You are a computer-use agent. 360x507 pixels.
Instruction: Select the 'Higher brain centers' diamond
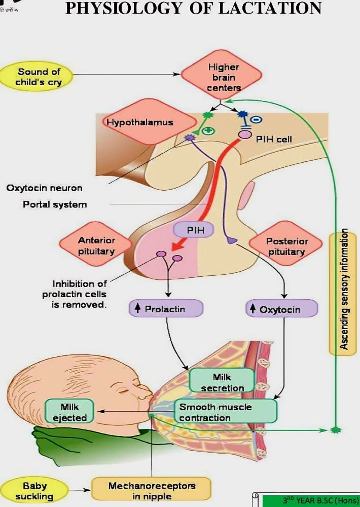pos(223,78)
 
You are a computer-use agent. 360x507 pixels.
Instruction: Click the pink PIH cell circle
pos(245,135)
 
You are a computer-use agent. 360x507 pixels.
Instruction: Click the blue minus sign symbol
pos(257,120)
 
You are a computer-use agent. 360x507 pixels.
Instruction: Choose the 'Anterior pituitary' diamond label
pos(96,245)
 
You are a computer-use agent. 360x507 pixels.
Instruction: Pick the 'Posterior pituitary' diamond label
pos(286,246)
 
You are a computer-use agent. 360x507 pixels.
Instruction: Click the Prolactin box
pos(166,309)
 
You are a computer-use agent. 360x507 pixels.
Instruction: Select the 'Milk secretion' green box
pos(222,382)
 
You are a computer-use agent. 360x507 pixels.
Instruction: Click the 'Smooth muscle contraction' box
pos(226,412)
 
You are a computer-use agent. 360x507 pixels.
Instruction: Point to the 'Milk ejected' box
pos(69,412)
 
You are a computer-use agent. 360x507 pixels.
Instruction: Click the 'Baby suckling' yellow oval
pos(34,491)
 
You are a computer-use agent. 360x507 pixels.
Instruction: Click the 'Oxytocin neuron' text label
pos(44,188)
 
